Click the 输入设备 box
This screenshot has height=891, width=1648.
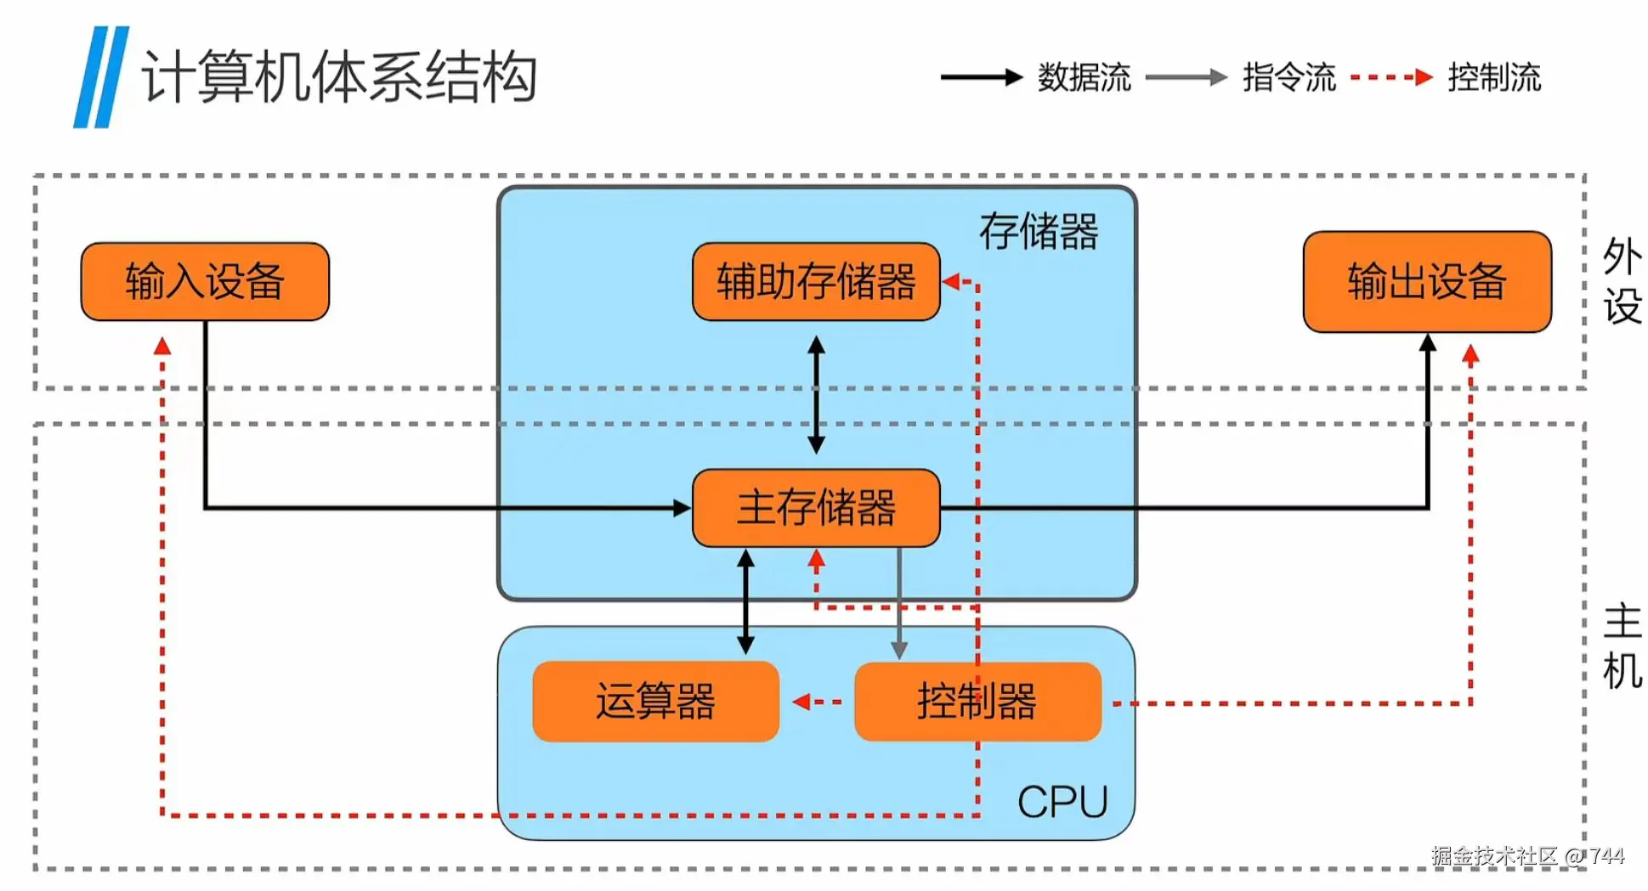coord(205,281)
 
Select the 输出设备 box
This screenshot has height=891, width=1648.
coord(1427,281)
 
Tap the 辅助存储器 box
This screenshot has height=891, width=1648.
coord(816,281)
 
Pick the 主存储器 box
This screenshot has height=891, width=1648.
coord(816,508)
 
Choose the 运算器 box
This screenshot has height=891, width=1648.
coord(655,702)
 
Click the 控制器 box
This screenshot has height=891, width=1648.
coord(977,702)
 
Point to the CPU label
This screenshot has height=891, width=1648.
coord(1062,802)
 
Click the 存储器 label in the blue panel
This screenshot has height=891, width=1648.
coord(1039,231)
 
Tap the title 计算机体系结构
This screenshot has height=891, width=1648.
coord(339,77)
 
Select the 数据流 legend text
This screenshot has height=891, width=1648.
coord(1084,77)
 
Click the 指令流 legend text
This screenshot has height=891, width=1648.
coord(1289,77)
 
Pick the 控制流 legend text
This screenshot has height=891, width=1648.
coord(1494,77)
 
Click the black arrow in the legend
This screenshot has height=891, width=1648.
coord(981,77)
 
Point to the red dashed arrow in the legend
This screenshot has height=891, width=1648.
coord(1391,77)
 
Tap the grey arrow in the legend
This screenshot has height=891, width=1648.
coord(1186,77)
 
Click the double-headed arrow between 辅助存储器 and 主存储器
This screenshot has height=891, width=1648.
coord(816,394)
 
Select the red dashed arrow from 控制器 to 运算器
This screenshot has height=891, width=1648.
coord(817,702)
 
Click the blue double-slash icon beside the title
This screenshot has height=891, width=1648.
coord(101,77)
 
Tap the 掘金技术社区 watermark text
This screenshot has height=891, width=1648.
coord(1493,855)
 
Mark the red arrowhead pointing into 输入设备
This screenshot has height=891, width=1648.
coord(162,346)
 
